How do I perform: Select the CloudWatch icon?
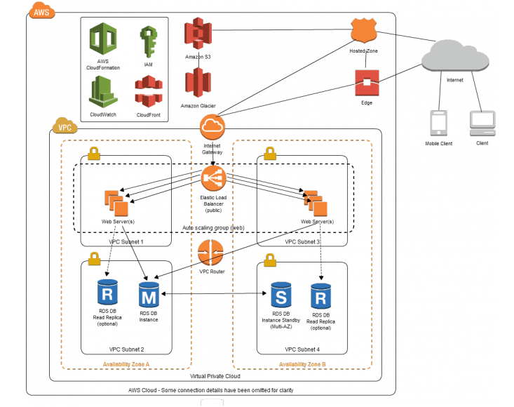[103, 91]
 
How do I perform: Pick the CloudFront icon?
[148, 91]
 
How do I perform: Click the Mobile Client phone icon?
[438, 124]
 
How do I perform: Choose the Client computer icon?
[481, 124]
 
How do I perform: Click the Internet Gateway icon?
[211, 127]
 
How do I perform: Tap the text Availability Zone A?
[126, 363]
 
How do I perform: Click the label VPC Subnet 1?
[126, 241]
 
